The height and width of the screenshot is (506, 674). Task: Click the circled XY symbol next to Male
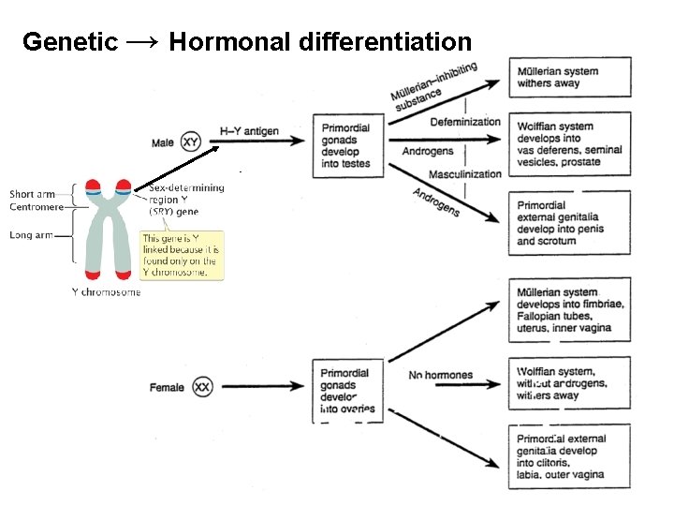coord(191,142)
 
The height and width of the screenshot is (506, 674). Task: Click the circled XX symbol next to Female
coord(202,386)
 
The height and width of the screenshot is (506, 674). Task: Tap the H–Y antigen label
coord(249,131)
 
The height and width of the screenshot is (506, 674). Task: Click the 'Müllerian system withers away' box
coord(556,78)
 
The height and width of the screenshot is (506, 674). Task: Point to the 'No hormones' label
coord(441,376)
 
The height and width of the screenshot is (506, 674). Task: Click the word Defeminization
coord(465,122)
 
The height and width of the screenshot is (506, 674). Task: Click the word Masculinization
coord(465,175)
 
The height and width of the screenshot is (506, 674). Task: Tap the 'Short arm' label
coord(33,195)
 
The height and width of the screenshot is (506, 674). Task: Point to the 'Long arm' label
coord(31,235)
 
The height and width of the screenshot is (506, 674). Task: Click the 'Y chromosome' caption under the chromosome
coord(106,291)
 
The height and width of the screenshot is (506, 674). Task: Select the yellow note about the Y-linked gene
coord(182,254)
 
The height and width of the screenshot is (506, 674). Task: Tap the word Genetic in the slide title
coord(69,42)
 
